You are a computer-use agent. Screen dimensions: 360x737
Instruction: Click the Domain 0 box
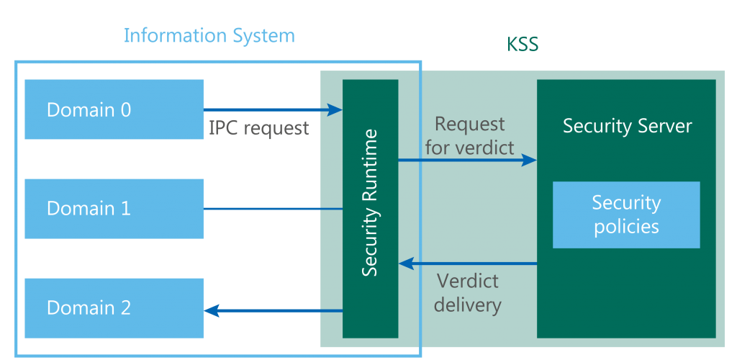(114, 109)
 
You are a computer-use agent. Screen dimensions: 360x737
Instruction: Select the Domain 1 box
(114, 209)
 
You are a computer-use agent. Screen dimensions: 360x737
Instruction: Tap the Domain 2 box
(114, 308)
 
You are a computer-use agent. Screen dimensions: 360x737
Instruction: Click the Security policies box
(625, 215)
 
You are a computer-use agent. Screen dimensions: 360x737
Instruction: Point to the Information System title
(209, 35)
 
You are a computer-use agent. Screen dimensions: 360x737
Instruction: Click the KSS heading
(523, 45)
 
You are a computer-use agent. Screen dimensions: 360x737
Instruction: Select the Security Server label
(627, 127)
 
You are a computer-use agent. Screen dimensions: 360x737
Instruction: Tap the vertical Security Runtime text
(370, 203)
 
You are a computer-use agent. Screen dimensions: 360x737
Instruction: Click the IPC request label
(258, 128)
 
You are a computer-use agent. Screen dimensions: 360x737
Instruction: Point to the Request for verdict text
(469, 136)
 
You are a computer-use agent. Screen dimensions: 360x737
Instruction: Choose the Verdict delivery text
(467, 292)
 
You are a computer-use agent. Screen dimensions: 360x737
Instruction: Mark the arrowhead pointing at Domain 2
(212, 311)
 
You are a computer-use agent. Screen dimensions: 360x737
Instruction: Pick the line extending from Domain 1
(273, 209)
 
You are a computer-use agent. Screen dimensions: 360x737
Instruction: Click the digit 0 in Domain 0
(125, 110)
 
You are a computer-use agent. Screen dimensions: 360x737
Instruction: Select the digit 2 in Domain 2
(125, 308)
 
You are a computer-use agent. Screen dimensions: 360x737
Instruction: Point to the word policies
(626, 227)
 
